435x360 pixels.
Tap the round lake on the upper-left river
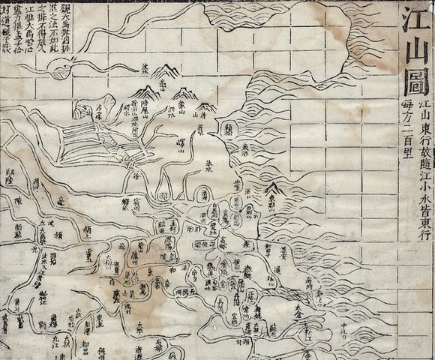coord(58,69)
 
